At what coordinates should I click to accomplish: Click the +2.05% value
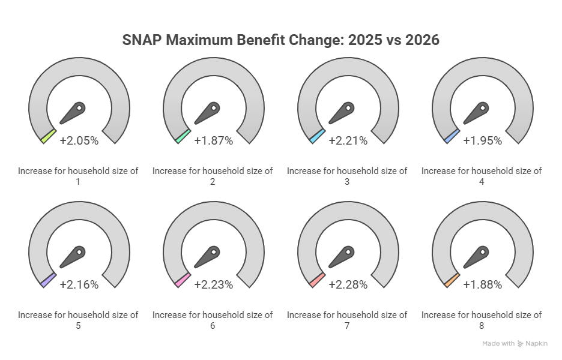coord(79,141)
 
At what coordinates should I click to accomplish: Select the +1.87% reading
coord(214,141)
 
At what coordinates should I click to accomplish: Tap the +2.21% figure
coord(348,141)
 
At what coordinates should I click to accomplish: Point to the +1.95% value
coord(482,141)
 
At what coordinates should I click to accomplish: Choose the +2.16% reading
coord(79,285)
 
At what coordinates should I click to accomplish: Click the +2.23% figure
coord(214,285)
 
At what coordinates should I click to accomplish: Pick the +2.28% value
coord(348,285)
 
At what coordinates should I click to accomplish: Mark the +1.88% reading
coord(482,285)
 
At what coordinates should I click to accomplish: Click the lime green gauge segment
coord(49,136)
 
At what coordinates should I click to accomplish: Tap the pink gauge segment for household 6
coord(183,280)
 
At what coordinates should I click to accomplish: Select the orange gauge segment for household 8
coord(452,280)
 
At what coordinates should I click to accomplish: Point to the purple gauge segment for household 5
coord(49,280)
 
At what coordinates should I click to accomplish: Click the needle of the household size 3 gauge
coord(341,113)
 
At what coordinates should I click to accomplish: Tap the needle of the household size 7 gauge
coord(341,257)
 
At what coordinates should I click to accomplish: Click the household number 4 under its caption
coord(482,182)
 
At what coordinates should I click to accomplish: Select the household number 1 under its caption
coord(78,182)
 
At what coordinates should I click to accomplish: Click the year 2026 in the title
coord(422,40)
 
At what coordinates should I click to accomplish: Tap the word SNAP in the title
coord(142,40)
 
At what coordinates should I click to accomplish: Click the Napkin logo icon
coord(520,344)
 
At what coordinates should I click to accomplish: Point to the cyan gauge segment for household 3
coord(317,136)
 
